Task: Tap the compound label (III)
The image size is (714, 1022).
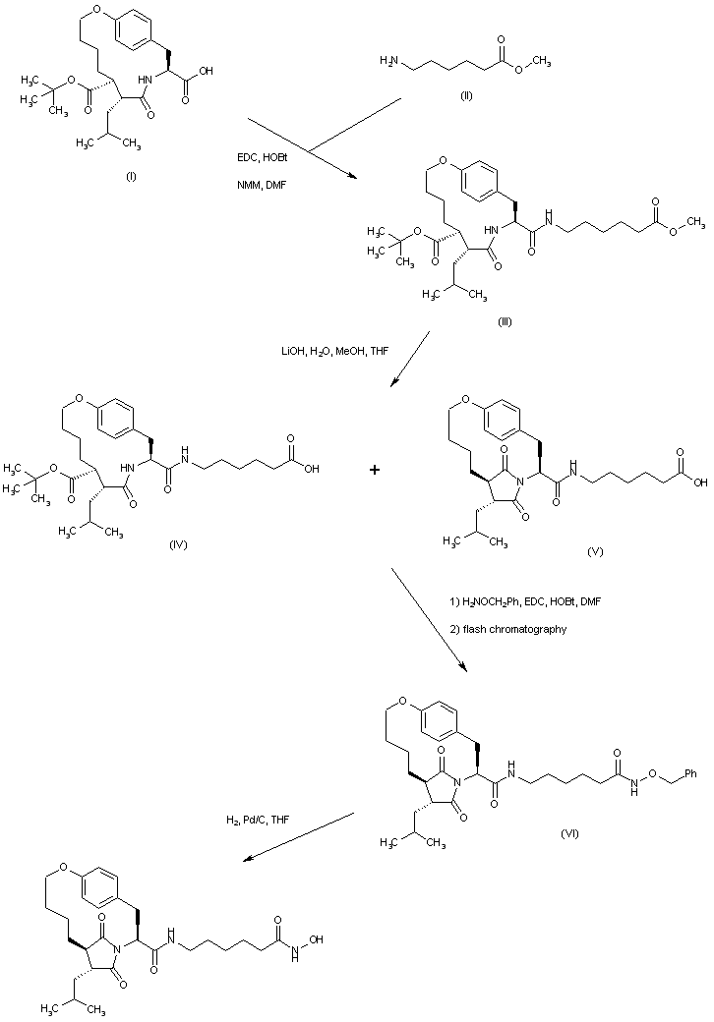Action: click(x=504, y=321)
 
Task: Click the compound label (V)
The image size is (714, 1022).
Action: click(x=594, y=552)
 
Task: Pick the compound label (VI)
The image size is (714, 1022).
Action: click(x=569, y=833)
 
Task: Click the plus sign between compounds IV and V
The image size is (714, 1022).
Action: click(x=375, y=472)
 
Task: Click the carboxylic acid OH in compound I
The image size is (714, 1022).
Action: click(x=205, y=71)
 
